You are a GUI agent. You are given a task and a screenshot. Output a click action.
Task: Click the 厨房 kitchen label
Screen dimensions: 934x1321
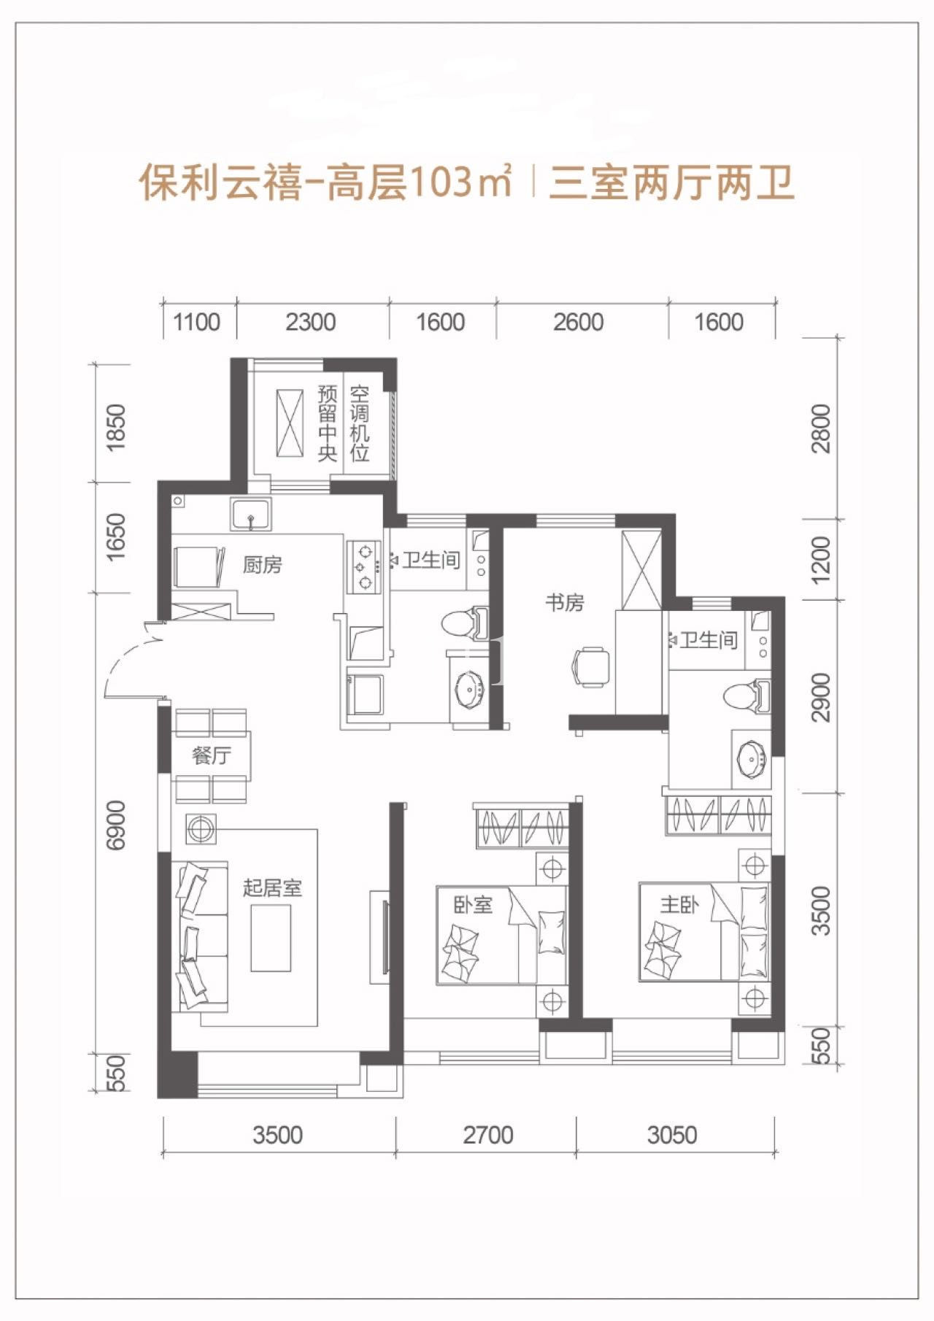[262, 565]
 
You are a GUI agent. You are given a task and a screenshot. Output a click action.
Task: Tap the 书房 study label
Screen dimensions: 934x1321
[565, 603]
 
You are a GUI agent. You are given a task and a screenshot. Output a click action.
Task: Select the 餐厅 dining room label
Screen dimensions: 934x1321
[212, 755]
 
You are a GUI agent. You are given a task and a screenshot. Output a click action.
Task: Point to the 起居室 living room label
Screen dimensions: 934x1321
[272, 887]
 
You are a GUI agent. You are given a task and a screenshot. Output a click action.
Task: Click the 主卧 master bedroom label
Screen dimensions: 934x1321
[679, 905]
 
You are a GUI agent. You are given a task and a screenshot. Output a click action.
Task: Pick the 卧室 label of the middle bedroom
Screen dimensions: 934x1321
[474, 905]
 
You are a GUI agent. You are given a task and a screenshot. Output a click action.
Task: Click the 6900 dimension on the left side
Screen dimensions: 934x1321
[116, 825]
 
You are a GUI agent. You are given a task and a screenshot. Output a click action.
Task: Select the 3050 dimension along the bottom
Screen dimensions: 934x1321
[672, 1135]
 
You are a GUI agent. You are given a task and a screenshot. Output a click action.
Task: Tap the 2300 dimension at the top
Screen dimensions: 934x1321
[311, 322]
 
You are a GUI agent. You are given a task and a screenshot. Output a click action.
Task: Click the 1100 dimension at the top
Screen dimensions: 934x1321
[197, 322]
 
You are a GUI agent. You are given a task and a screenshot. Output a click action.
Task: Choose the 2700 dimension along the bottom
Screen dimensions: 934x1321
[488, 1135]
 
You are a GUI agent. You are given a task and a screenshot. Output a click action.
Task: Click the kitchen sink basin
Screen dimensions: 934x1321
[251, 513]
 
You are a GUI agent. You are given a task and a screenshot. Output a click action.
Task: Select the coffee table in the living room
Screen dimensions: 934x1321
[271, 938]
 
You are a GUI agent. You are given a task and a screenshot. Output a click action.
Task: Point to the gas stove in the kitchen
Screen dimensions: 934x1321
[364, 566]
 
